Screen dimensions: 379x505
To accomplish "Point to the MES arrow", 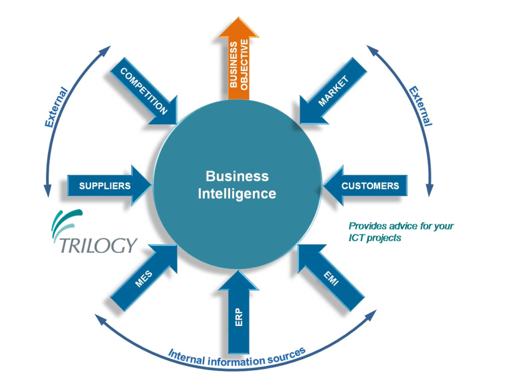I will pyautogui.click(x=144, y=278).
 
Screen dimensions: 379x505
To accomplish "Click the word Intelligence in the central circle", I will pyautogui.click(x=237, y=194).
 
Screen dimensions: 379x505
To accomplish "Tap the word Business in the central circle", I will pyautogui.click(x=237, y=176).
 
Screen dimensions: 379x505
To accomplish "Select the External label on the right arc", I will pyautogui.click(x=420, y=107).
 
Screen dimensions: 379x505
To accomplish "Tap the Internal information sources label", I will pyautogui.click(x=237, y=358).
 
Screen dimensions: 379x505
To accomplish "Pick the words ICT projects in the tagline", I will pyautogui.click(x=374, y=238).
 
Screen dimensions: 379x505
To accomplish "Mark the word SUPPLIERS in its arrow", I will pyautogui.click(x=105, y=185).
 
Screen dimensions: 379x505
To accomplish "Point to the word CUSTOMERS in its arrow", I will pyautogui.click(x=370, y=185).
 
